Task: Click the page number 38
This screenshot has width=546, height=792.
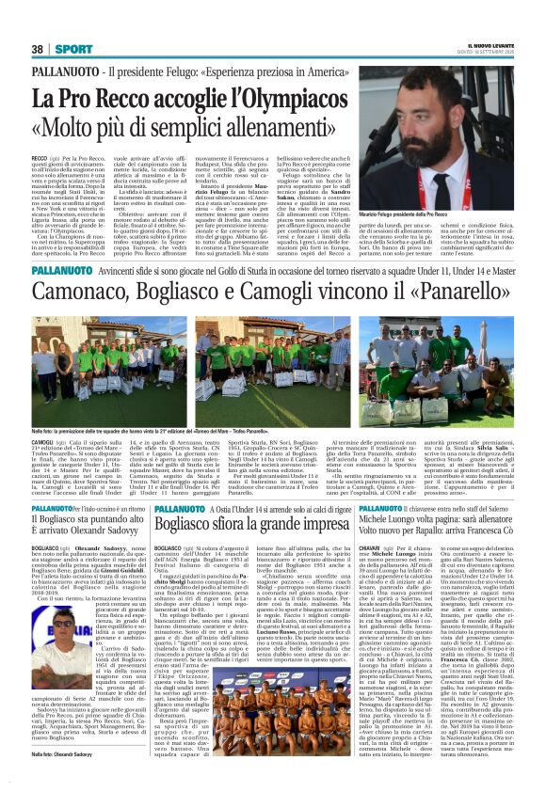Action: [x=38, y=48]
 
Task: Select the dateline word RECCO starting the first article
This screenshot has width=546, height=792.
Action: [x=40, y=159]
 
